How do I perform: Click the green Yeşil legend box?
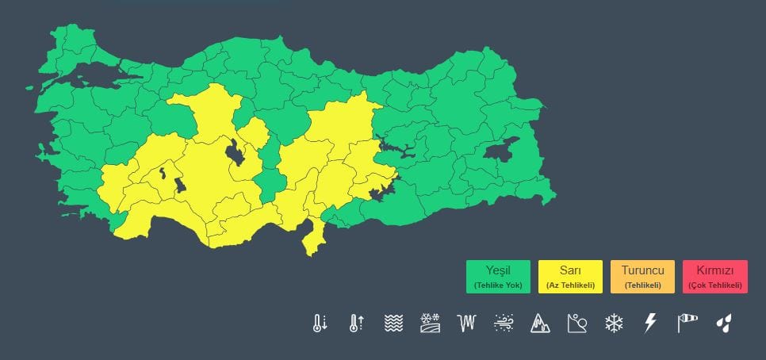tap(498, 277)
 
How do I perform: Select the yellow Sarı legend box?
tap(570, 277)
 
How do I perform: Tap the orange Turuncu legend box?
tap(642, 277)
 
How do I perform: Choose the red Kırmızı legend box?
tap(714, 277)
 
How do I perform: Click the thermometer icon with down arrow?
tap(320, 323)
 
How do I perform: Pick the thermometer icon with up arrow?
tap(355, 323)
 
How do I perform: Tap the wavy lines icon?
tap(393, 323)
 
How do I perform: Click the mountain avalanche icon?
tap(540, 323)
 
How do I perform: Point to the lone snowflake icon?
tap(613, 323)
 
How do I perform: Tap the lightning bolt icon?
tap(650, 323)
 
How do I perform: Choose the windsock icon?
tap(687, 323)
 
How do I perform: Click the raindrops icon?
tap(723, 323)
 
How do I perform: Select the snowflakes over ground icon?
tap(430, 323)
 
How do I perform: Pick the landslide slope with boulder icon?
tap(576, 323)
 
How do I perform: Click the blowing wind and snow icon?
tap(504, 323)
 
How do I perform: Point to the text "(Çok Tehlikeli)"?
tap(714, 285)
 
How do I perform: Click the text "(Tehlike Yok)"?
tap(498, 285)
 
